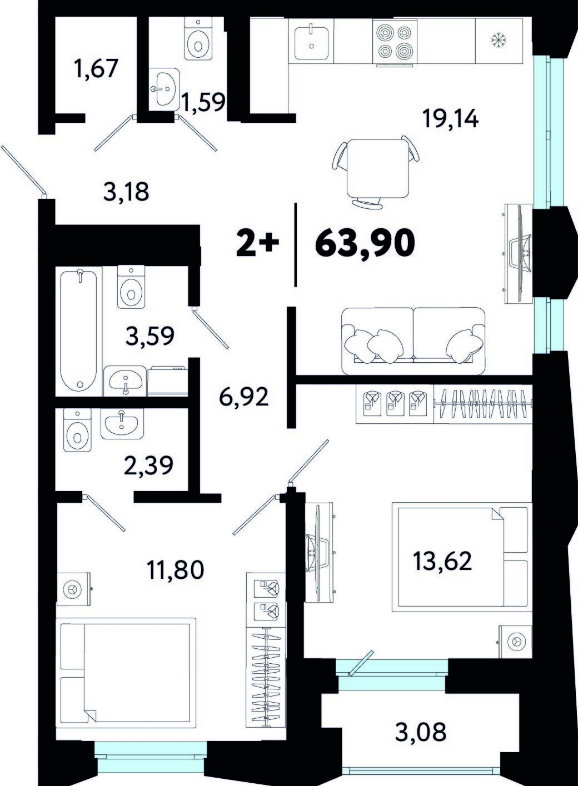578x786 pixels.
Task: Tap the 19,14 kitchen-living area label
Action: click(x=450, y=119)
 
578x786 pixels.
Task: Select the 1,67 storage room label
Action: click(x=95, y=68)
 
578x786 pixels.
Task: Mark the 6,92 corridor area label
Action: click(x=243, y=395)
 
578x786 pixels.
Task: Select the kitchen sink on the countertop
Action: click(x=311, y=42)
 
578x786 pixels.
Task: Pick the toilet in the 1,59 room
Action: click(x=198, y=38)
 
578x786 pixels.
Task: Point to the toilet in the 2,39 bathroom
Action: click(x=77, y=430)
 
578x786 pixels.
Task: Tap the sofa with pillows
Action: click(x=413, y=341)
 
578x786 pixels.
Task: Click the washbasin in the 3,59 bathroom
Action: click(x=125, y=381)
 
